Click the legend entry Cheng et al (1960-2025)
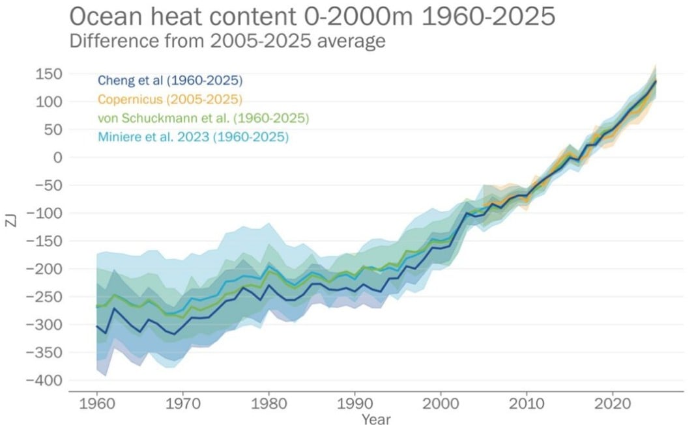click(170, 81)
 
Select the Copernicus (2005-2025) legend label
click(170, 100)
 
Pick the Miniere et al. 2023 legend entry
click(193, 137)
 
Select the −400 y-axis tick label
click(44, 380)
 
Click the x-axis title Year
click(376, 418)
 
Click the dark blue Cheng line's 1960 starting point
click(97, 326)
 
